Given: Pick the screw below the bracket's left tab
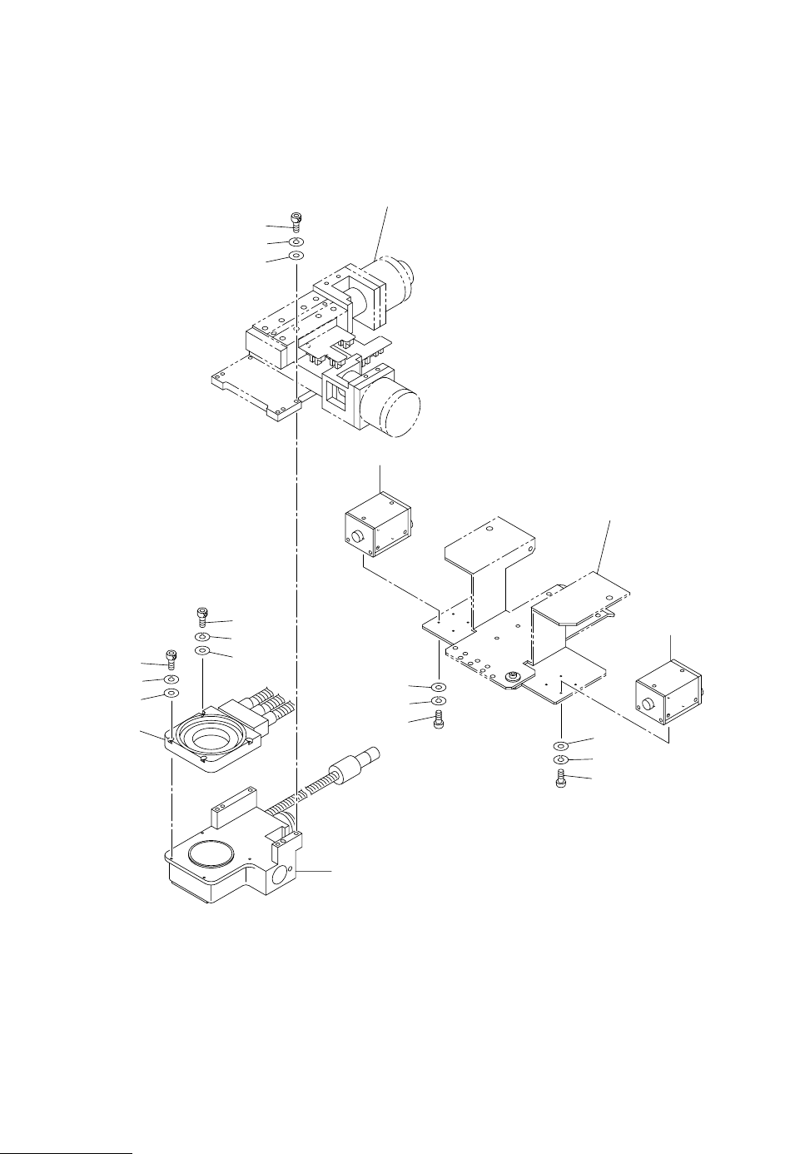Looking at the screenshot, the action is click(x=440, y=721).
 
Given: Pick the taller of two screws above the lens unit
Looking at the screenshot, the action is click(x=202, y=617).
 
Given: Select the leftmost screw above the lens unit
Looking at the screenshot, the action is click(x=171, y=658).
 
